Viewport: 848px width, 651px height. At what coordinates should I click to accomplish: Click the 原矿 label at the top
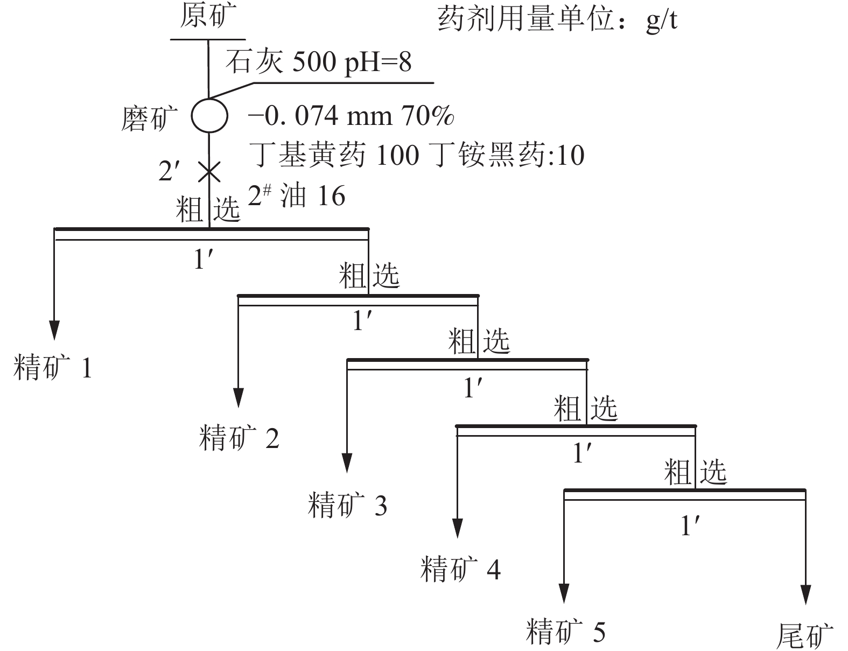coord(208,16)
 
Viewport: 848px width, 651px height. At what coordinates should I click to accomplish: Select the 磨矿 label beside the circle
coord(149,118)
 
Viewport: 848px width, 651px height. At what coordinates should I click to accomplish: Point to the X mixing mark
coord(209,172)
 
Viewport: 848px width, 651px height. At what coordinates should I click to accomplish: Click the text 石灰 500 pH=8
coord(318,62)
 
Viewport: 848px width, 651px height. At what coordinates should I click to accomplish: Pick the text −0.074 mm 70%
coord(351,116)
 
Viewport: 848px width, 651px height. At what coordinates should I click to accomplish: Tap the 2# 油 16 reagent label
coord(297,195)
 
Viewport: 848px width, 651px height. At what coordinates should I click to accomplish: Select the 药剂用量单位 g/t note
coord(557,20)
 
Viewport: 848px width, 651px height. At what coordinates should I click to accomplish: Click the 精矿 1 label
coord(53,367)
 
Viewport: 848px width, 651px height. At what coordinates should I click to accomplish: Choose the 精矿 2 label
coord(239,438)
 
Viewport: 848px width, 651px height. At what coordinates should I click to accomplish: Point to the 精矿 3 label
coord(347,505)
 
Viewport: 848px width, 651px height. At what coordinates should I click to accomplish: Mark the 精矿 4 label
coord(460,569)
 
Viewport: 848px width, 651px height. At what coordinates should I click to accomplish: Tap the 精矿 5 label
coord(565,632)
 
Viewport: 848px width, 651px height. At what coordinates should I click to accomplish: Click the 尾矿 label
coord(805,636)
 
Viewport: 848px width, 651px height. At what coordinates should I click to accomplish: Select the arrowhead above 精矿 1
coord(54,330)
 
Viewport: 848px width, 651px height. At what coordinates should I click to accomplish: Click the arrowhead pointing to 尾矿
coord(805,595)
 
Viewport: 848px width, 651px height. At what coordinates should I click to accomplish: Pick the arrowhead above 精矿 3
coord(347,463)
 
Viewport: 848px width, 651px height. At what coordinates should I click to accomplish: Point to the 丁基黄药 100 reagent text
coord(334,155)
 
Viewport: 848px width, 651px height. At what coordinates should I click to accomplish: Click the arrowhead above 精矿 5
coord(564,593)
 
